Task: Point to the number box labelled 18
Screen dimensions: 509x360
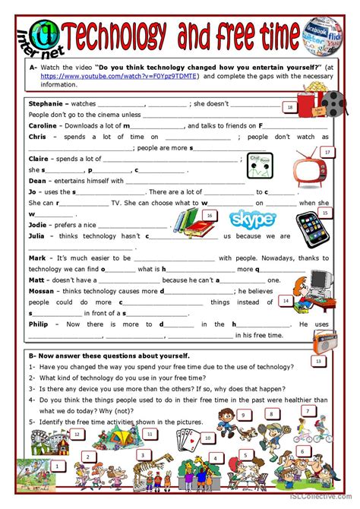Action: coord(289,108)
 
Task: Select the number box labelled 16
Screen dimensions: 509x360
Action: coord(209,216)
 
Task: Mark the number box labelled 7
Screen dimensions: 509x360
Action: coord(308,411)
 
